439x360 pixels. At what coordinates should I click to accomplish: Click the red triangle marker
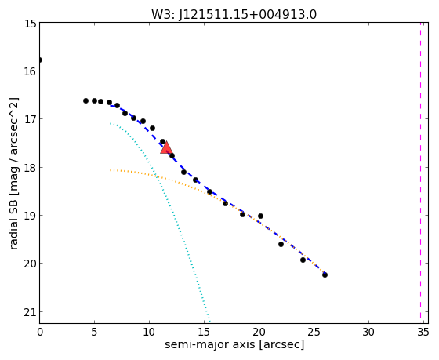click(x=166, y=147)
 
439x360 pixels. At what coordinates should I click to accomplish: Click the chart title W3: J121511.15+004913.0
click(x=234, y=15)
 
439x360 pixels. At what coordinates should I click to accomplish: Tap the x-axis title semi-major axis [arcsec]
click(x=234, y=344)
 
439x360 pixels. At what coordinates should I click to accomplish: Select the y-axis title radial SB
click(x=13, y=223)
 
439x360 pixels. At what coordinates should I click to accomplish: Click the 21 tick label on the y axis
click(x=30, y=312)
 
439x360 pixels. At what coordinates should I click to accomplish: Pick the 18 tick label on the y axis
click(x=30, y=168)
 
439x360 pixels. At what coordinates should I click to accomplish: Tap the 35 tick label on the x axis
click(x=423, y=332)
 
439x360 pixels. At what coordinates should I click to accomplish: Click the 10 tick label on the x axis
click(x=149, y=332)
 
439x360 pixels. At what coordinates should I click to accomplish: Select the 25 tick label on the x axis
click(x=314, y=332)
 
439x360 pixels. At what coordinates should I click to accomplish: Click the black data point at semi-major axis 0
click(x=40, y=60)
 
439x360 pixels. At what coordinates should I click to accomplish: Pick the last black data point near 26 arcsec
click(x=325, y=275)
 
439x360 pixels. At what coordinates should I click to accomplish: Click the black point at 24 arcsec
click(x=303, y=260)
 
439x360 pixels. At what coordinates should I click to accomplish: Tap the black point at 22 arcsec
click(x=281, y=244)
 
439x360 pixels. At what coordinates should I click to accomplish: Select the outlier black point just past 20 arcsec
click(x=260, y=216)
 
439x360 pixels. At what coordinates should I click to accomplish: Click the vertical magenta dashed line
click(x=420, y=170)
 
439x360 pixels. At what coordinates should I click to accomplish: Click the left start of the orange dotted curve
click(x=111, y=170)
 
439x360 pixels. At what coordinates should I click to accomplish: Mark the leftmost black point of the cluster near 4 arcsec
click(x=86, y=100)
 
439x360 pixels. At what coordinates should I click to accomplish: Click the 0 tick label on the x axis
click(x=40, y=332)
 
